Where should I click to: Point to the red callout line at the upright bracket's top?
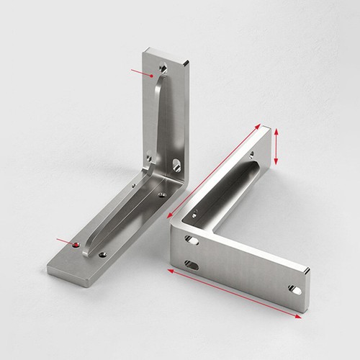click(x=143, y=71)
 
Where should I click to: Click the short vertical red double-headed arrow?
click(x=276, y=148)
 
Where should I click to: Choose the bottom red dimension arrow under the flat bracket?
click(x=233, y=294)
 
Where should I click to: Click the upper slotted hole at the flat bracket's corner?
click(x=191, y=239)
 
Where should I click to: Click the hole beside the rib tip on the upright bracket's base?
click(x=103, y=253)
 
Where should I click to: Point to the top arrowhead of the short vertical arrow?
click(x=276, y=131)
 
